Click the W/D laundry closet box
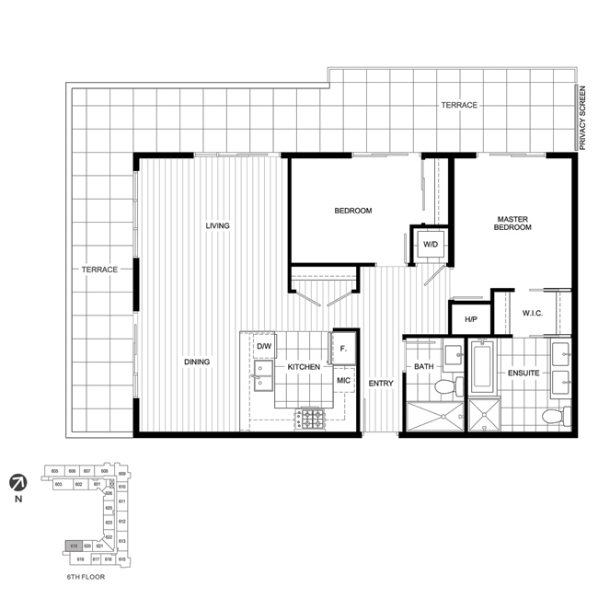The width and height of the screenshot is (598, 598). [x=429, y=245]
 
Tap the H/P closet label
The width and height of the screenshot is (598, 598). [x=470, y=319]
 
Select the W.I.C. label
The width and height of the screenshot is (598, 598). [x=523, y=314]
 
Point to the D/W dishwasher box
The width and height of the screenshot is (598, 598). [x=265, y=346]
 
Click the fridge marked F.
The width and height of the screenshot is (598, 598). [x=343, y=348]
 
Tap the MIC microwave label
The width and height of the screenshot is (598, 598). [x=343, y=379]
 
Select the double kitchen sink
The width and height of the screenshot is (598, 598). [x=260, y=376]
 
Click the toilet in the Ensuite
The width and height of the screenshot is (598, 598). [x=552, y=417]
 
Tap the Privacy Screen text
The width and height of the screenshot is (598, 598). [x=583, y=118]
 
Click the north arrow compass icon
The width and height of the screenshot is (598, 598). [x=17, y=480]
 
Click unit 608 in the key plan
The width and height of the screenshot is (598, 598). [x=104, y=470]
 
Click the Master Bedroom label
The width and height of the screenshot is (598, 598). [x=513, y=223]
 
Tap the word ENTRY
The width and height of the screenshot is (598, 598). [x=381, y=383]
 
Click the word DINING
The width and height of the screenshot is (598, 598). [x=196, y=362]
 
